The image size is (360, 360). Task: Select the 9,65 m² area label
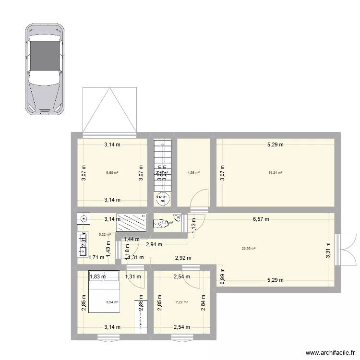(x=112, y=173)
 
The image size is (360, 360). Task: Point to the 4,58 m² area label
(x=194, y=173)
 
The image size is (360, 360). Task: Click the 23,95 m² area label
(x=249, y=249)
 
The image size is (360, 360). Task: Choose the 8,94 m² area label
(x=112, y=302)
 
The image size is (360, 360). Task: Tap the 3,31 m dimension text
(x=328, y=250)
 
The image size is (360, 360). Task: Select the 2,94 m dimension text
(x=155, y=244)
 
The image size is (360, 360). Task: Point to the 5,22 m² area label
(x=105, y=235)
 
